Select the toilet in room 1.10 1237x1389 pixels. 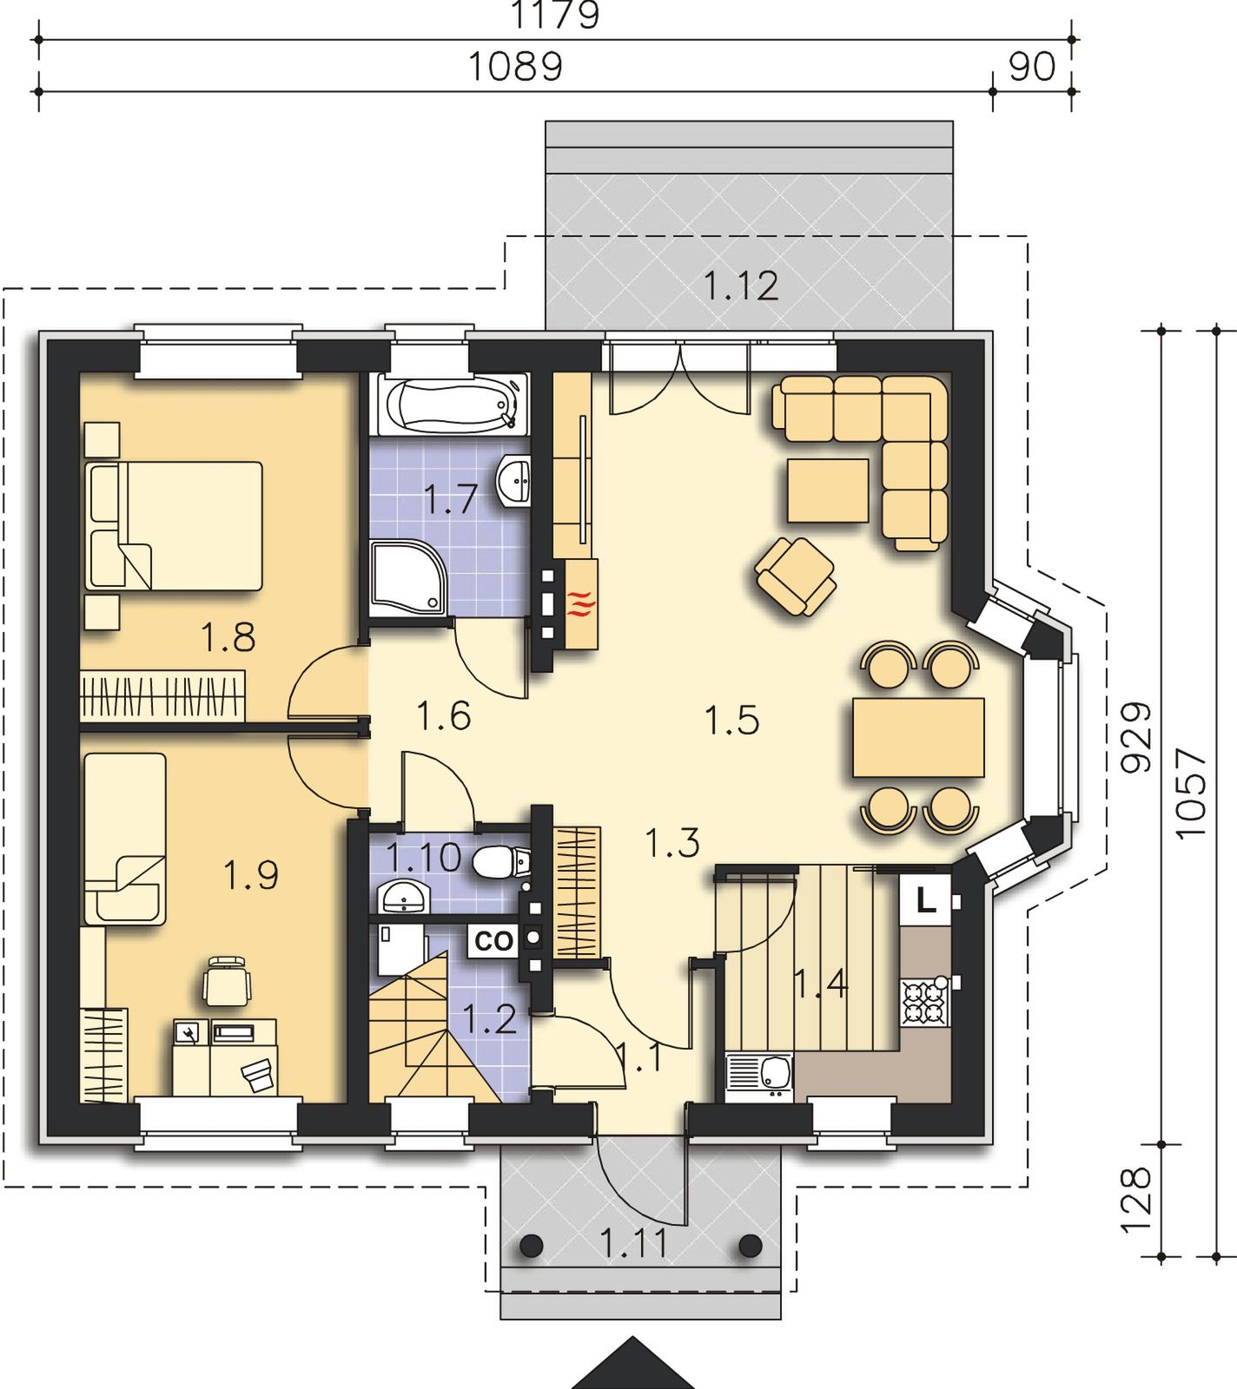click(502, 863)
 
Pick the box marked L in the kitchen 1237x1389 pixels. click(927, 901)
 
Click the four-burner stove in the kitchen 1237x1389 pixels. click(923, 1003)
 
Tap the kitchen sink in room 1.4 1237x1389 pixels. click(759, 1076)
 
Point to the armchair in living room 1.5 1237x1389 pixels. click(796, 576)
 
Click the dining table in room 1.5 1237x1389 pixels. click(919, 737)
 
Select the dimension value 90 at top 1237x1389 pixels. click(1032, 67)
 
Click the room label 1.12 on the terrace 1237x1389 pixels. click(741, 286)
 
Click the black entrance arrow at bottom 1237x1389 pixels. click(634, 1365)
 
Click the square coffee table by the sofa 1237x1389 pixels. click(828, 490)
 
